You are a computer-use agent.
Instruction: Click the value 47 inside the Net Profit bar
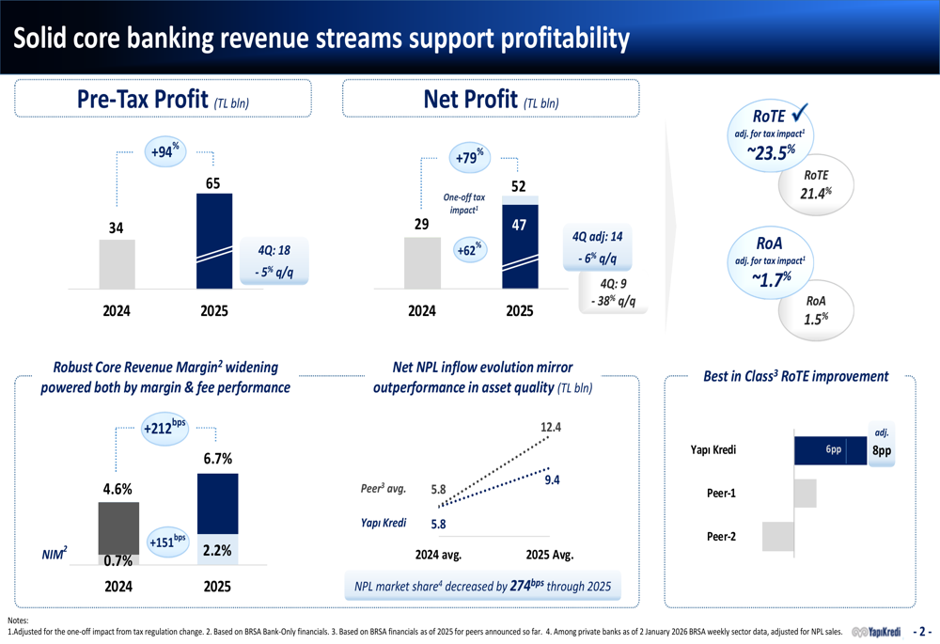[x=519, y=224]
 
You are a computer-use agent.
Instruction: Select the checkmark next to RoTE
[x=802, y=115]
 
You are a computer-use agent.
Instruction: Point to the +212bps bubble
[x=165, y=430]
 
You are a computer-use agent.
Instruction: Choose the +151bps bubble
[x=168, y=542]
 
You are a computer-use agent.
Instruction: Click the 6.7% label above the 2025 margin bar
[x=217, y=459]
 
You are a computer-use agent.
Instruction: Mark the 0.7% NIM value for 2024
[x=117, y=561]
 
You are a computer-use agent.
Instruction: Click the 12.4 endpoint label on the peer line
[x=551, y=428]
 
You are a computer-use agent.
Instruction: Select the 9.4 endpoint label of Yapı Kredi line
[x=552, y=480]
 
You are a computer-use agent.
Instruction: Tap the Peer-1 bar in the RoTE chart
[x=806, y=494]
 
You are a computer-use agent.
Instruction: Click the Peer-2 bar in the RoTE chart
[x=778, y=536]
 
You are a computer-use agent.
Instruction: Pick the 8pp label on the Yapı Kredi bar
[x=881, y=451]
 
